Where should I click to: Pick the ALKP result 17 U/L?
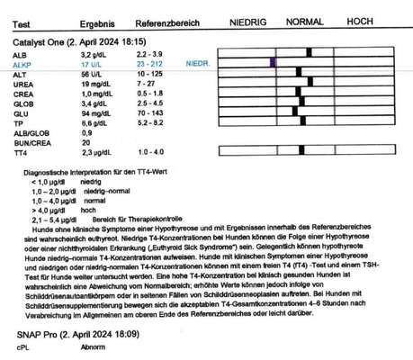click(94, 65)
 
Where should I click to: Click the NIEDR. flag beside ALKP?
click(196, 65)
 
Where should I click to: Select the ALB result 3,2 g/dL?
click(96, 55)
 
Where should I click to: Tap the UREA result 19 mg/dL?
click(96, 84)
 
